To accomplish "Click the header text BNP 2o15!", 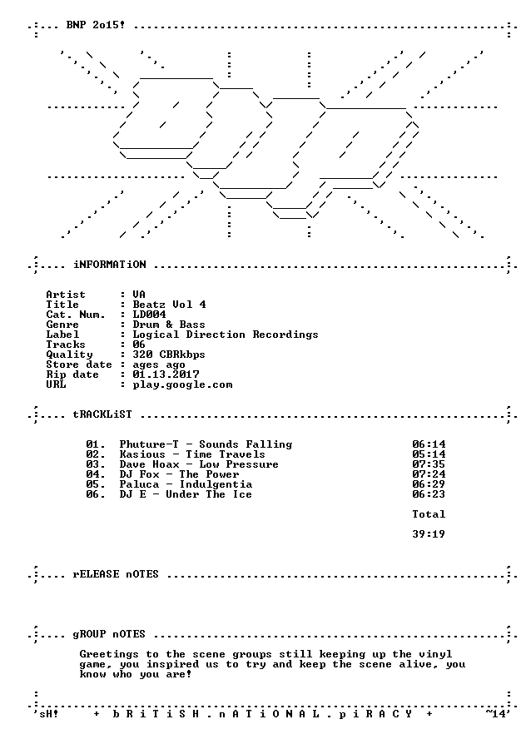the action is click(x=96, y=25).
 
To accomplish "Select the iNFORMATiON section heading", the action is click(x=110, y=265).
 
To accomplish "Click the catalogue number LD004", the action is click(x=149, y=315).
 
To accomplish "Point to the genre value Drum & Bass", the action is click(x=169, y=325).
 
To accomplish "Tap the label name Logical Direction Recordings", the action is click(x=226, y=335).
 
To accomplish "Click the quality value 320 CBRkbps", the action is click(x=169, y=355).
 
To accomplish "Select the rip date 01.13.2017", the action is click(x=166, y=374).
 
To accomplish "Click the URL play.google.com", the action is click(x=182, y=385).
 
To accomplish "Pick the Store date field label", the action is click(x=79, y=365).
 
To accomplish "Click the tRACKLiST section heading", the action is click(x=102, y=414).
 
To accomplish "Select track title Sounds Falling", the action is click(x=246, y=444).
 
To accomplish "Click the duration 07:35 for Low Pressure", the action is click(x=429, y=464).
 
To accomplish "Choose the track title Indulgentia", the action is click(x=216, y=484).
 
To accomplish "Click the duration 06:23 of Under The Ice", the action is click(x=429, y=494).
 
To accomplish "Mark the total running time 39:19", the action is click(x=429, y=534).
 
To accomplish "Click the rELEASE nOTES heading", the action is click(x=116, y=574).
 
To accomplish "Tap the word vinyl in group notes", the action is click(x=435, y=655).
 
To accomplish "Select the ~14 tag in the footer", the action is click(x=496, y=714).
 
